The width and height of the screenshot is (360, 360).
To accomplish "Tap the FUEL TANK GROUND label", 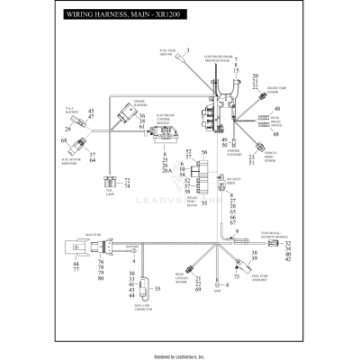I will coord(167,54).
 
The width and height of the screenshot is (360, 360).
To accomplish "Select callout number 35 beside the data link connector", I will coord(158,289).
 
